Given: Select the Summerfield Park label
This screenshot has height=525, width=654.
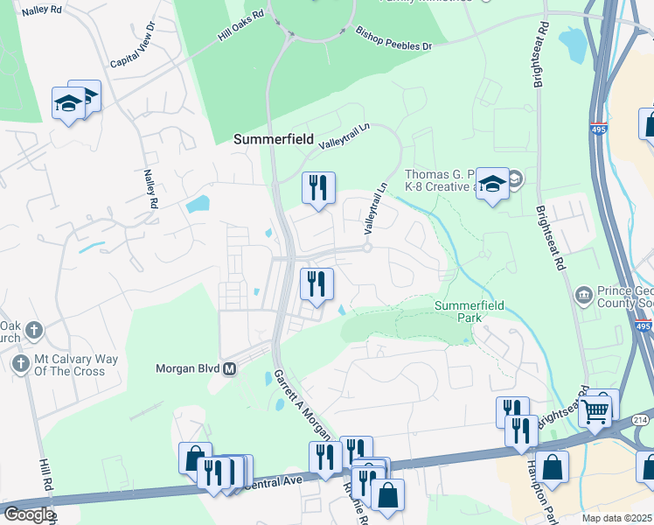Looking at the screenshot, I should (470, 311).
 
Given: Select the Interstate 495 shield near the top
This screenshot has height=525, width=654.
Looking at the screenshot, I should (598, 129).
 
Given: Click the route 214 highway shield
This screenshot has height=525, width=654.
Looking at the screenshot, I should (640, 422).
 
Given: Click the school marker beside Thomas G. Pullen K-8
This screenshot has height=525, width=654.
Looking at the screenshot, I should (492, 183).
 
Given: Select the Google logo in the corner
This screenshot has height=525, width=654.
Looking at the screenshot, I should (28, 514).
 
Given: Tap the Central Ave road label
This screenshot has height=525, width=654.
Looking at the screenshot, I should (278, 481).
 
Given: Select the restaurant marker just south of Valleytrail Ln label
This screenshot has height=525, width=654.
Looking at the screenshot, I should (317, 187).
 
